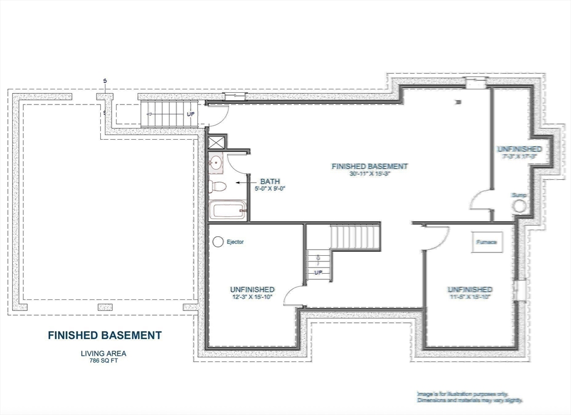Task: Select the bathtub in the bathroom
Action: (227, 211)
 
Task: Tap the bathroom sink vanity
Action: (216, 164)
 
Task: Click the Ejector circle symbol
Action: (217, 242)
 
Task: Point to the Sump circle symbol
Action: (520, 206)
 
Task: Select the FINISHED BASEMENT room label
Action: (370, 166)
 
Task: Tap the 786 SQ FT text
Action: (104, 361)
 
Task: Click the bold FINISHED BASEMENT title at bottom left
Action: (105, 336)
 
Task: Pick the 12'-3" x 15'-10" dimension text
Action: (253, 297)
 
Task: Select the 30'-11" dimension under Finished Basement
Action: (370, 174)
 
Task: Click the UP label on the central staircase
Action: (319, 272)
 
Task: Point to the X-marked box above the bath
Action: (217, 141)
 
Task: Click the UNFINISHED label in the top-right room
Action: (519, 149)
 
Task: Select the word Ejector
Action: (235, 242)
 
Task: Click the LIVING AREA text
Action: (104, 353)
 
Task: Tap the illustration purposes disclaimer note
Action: (470, 397)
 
